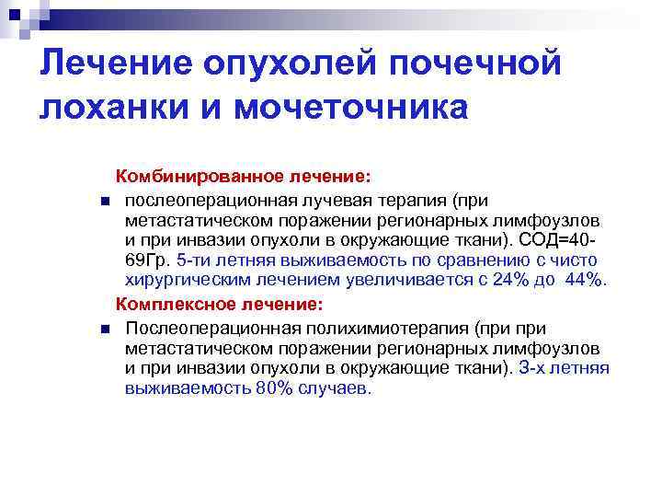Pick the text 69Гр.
[x=148, y=260]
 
